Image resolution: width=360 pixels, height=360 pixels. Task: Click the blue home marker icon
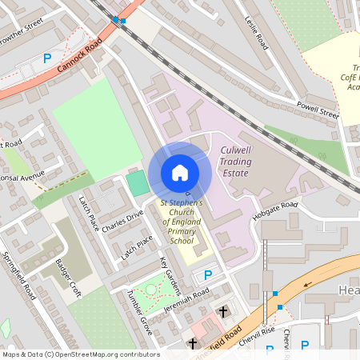(x=179, y=173)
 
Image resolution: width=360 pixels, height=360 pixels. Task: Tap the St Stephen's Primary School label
(x=182, y=222)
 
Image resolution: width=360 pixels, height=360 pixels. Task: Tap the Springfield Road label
(x=20, y=276)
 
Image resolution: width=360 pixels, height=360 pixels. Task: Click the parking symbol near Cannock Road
(x=46, y=58)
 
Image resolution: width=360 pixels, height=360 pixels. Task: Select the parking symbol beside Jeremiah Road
(x=208, y=274)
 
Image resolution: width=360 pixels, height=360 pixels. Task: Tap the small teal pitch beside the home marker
(x=137, y=183)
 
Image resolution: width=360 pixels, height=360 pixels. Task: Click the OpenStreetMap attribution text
(x=81, y=354)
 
